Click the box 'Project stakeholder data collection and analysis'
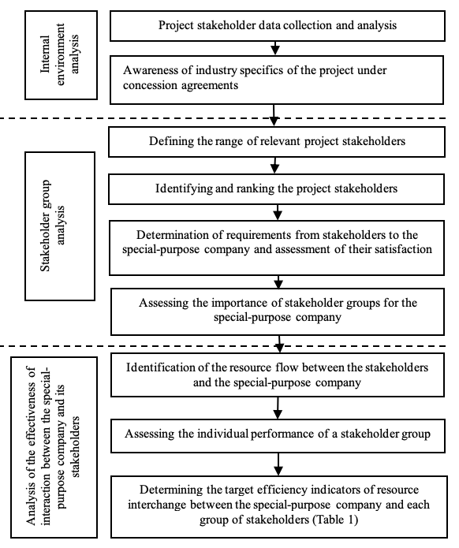coord(278,26)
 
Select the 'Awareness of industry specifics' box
coord(277,80)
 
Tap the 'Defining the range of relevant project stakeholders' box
coord(277,142)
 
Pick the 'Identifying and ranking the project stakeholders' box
coord(276,189)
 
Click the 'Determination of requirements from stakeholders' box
coord(277,248)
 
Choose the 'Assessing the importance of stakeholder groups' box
coord(278,311)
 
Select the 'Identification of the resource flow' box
coord(278,375)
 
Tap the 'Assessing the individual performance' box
coord(278,436)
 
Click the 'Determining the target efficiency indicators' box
coord(279,507)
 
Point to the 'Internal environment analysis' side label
coord(61,55)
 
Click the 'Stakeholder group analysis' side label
coord(60,226)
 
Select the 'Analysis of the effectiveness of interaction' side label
coord(54,447)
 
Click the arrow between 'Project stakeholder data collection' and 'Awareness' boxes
coord(275,48)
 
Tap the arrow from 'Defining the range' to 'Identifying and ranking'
coord(275,166)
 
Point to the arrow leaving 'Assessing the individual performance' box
coord(278,464)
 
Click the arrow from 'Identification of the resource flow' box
coord(278,408)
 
